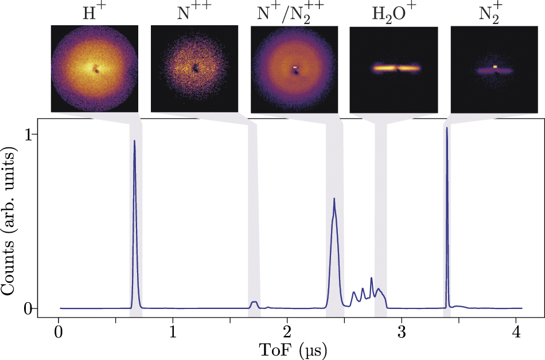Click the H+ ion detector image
coord(95,68)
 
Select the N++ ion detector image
coord(194,68)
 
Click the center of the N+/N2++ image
coord(295,68)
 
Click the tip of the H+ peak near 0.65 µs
coord(134,140)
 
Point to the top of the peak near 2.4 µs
coord(334,199)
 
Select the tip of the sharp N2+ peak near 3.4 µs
coord(447,128)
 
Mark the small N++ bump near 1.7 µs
coord(254,302)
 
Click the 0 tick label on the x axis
coord(59,332)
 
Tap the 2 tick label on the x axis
coord(287,332)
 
